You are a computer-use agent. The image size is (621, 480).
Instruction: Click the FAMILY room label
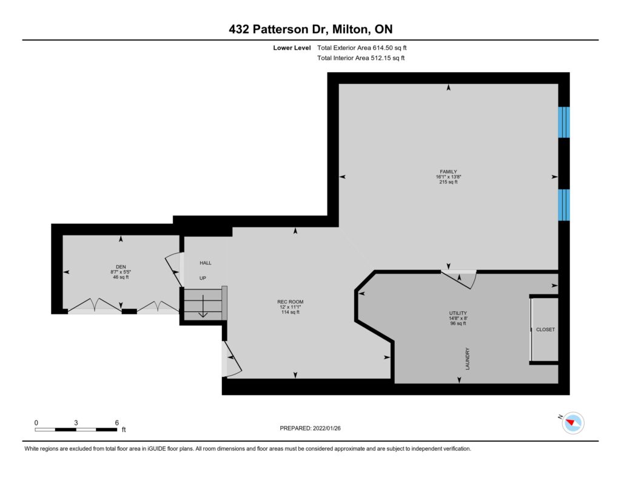point(448,172)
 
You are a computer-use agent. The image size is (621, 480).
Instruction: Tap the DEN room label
point(121,267)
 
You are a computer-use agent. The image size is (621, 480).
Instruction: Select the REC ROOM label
point(290,302)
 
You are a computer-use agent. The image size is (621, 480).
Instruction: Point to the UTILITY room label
point(458,313)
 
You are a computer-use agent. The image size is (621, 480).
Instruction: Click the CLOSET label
point(545,330)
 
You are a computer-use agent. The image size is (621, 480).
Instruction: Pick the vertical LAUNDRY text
point(468,359)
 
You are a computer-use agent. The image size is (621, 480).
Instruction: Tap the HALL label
point(206,263)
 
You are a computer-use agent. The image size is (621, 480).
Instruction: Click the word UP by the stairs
point(203,279)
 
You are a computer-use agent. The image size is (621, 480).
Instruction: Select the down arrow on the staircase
point(203,306)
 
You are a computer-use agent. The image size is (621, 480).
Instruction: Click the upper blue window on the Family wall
point(564,122)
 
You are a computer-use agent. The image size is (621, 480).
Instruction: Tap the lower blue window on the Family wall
point(564,205)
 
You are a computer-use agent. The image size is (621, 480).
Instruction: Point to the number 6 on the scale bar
point(117,422)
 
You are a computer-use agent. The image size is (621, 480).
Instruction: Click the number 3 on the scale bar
point(76,422)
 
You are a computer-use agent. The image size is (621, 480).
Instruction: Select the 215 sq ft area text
point(448,182)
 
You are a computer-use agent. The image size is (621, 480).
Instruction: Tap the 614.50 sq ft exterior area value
point(389,47)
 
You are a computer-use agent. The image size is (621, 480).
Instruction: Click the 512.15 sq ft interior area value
point(388,58)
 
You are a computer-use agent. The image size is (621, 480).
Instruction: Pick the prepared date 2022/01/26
point(327,428)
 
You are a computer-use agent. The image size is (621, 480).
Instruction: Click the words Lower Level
point(292,47)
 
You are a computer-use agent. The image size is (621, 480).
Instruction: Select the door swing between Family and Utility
point(460,279)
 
